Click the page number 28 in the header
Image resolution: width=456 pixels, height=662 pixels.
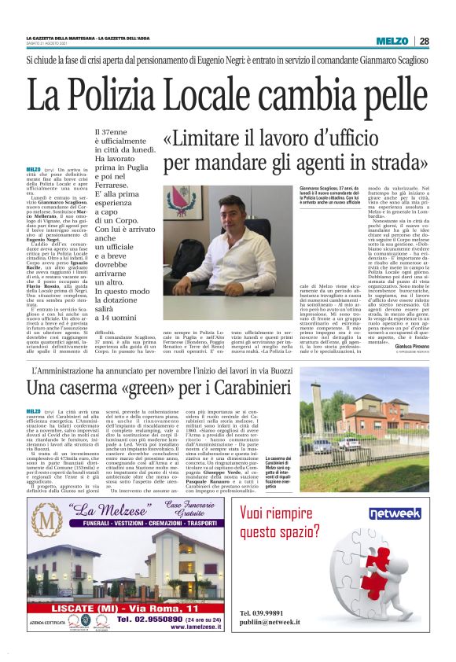click(x=424, y=40)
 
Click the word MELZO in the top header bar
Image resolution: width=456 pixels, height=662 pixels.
click(x=394, y=40)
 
